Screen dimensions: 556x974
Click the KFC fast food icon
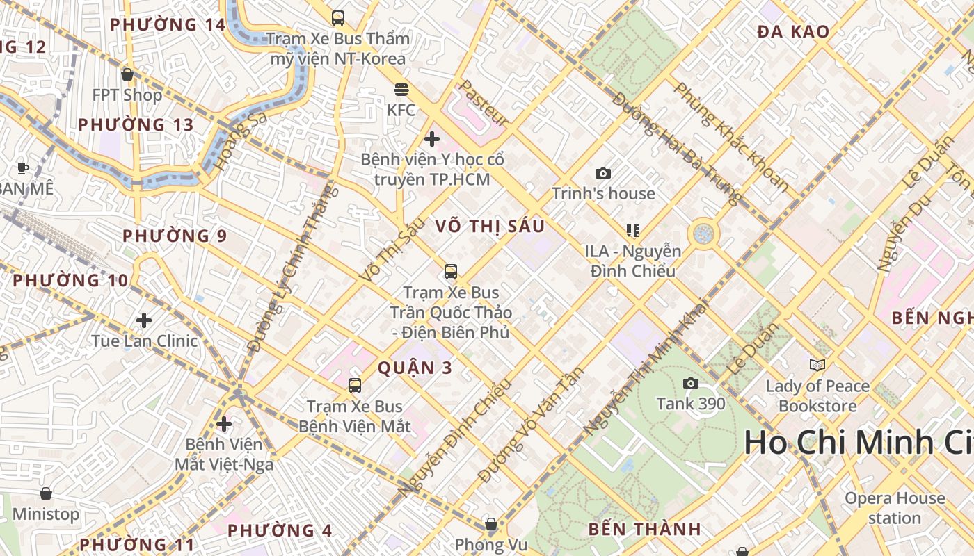coord(401,90)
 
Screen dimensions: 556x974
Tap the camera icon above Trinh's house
coord(603,173)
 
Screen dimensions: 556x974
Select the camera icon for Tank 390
coord(691,383)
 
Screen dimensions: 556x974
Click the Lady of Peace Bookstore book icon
coord(817,365)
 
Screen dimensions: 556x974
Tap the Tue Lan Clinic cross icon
coord(144,320)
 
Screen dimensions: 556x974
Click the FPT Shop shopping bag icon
coord(127,74)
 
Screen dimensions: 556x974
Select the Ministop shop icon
coord(46,493)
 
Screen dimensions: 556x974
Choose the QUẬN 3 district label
coord(415,368)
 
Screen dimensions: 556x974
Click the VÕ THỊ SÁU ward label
coord(490,227)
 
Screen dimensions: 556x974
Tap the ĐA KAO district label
coord(793,31)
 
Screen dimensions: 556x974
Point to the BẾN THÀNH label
coord(644,530)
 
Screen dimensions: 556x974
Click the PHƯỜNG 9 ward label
coord(175,236)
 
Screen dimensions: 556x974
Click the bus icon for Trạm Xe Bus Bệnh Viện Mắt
coord(355,385)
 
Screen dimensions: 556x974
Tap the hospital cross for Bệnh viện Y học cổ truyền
coord(432,139)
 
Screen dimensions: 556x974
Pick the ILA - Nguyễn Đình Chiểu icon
coord(632,230)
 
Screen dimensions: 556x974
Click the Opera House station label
coord(895,508)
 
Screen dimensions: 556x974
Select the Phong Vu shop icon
coord(491,524)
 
